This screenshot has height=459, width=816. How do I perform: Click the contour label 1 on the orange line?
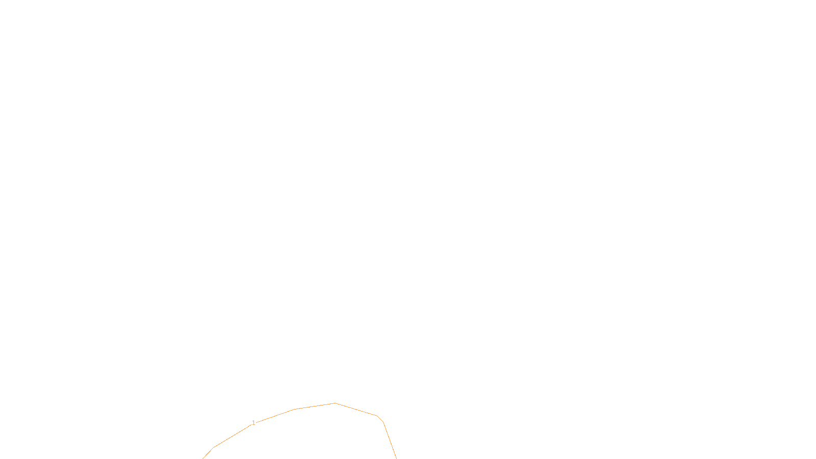(x=253, y=423)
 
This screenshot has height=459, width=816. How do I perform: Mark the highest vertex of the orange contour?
(x=335, y=403)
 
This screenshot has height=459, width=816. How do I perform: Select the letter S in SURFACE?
(x=398, y=451)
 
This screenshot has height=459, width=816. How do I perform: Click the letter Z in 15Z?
(x=390, y=451)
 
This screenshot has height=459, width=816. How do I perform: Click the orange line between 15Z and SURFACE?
(x=394, y=451)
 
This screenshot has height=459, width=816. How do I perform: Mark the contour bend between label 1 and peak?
(x=295, y=409)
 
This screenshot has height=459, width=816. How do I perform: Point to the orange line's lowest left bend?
(x=214, y=447)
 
